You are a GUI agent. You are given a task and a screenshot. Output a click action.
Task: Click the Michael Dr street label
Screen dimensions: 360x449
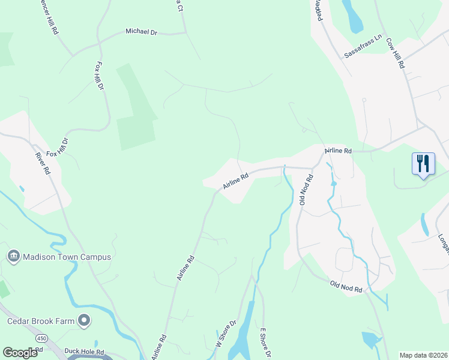pos(140,31)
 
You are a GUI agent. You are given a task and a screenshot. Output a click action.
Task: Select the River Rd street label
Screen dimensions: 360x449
pos(42,163)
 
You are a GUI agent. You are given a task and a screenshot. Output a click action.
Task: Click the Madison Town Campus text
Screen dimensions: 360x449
pos(67,257)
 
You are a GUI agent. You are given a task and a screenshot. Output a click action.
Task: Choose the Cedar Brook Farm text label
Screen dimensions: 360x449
pos(41,321)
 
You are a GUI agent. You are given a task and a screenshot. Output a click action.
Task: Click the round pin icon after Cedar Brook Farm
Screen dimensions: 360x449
pos(84,321)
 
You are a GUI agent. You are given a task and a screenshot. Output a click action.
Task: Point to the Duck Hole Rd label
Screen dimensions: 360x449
pos(85,352)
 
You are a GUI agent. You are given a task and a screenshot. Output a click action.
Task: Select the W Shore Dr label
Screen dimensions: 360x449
pos(226,334)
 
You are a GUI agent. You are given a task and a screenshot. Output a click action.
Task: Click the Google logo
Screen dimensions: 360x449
pos(20,353)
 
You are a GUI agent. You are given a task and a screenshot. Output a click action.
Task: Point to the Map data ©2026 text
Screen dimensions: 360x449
pos(423,355)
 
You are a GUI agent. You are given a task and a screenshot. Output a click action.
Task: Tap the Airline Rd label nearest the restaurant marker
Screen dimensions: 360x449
pos(338,151)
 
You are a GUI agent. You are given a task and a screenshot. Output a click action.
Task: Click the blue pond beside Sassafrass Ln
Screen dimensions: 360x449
pos(354,17)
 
